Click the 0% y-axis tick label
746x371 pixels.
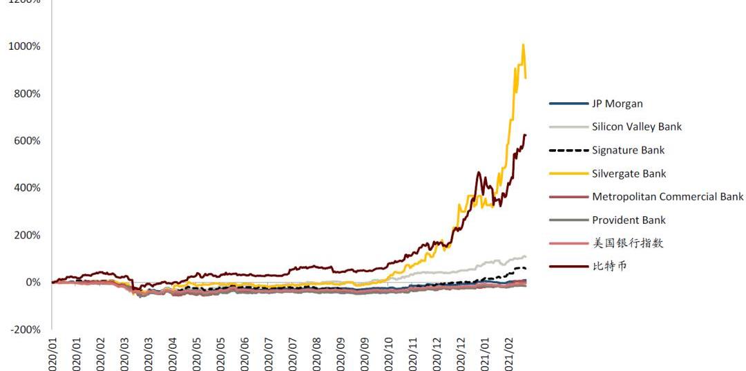(32, 282)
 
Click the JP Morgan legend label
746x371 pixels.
(617, 104)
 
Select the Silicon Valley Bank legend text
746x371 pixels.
(636, 126)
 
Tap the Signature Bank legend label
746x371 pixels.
(628, 150)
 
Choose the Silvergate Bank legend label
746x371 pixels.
(629, 173)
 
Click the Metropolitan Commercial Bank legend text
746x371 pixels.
(667, 196)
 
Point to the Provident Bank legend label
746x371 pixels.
(629, 220)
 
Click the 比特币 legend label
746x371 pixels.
(609, 266)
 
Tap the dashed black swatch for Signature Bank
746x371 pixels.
(568, 150)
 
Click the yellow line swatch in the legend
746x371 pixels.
(568, 173)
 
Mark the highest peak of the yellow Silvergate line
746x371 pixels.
(523, 45)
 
